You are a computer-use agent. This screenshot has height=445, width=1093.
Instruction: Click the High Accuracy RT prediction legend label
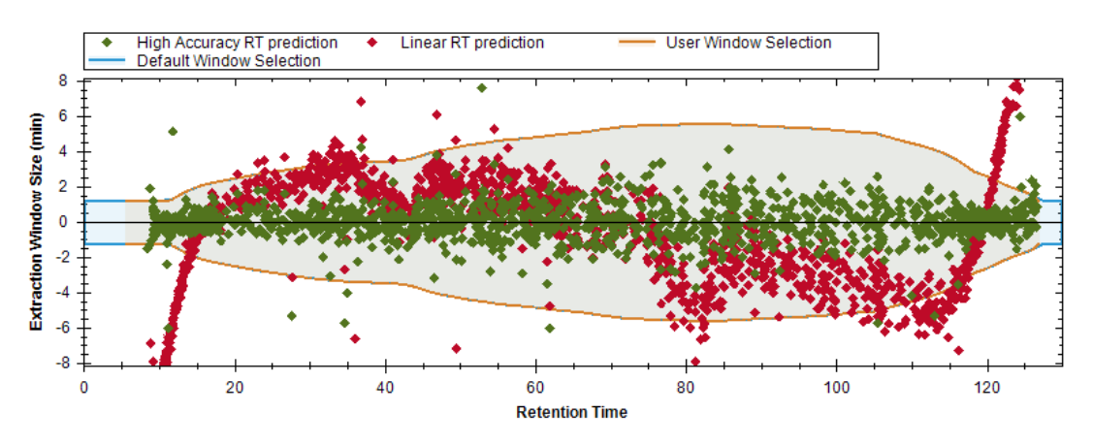tap(237, 43)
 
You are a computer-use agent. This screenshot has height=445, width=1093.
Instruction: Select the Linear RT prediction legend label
tap(472, 43)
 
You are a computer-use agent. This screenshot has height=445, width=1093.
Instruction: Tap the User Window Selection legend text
tap(749, 43)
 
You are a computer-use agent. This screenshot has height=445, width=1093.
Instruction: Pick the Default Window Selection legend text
tap(229, 60)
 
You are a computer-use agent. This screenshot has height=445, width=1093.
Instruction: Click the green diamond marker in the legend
tap(106, 43)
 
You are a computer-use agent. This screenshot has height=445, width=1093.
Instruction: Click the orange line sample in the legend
tap(638, 43)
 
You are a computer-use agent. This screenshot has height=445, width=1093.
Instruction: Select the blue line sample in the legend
tap(106, 60)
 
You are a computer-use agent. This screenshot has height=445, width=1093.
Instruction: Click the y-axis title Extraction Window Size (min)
tap(36, 223)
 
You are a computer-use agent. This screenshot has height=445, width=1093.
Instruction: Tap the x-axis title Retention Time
tap(571, 412)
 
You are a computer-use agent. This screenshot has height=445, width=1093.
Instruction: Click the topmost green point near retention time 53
tap(482, 88)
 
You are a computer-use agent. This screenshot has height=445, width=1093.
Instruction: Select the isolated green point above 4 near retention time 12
tap(173, 132)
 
